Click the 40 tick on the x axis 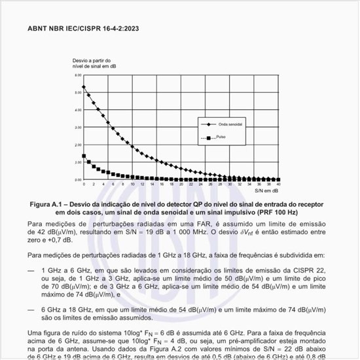click(279, 185)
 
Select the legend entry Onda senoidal click(227, 124)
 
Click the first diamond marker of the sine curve click(83, 86)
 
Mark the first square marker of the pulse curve click(83, 156)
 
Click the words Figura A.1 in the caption click(48, 204)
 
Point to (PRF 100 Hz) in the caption click(274, 213)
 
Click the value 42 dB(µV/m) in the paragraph click(49, 232)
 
